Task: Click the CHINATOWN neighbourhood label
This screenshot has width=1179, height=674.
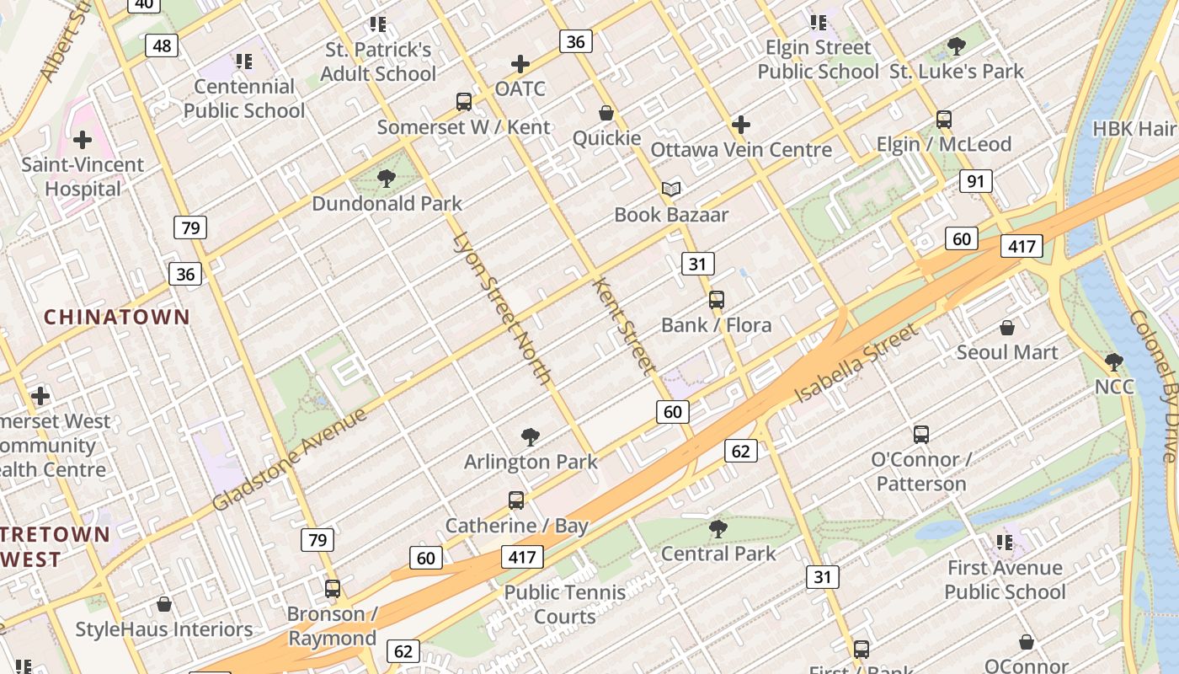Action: (117, 318)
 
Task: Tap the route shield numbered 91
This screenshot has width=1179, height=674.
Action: (976, 181)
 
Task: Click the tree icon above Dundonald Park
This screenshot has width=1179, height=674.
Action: (387, 178)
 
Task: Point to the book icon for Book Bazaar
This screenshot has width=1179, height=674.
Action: (670, 190)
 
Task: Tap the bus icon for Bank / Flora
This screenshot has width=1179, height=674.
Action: (717, 300)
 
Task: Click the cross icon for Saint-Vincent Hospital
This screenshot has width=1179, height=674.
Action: (83, 140)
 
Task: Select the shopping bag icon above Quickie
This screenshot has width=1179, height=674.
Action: (606, 113)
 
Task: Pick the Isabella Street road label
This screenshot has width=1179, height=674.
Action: (856, 362)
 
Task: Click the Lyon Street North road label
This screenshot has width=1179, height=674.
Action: (502, 308)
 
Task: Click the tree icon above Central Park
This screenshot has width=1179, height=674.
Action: (718, 529)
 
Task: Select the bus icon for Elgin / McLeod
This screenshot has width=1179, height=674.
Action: (944, 120)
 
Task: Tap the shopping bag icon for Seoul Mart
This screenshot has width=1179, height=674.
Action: (1006, 328)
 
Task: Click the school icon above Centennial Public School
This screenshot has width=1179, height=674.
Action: (244, 62)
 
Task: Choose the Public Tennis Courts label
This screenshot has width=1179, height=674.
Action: (565, 604)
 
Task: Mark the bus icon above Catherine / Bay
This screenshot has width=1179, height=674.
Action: (516, 500)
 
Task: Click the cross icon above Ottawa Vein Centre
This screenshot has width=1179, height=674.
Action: (741, 126)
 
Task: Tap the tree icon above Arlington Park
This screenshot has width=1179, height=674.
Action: (531, 436)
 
